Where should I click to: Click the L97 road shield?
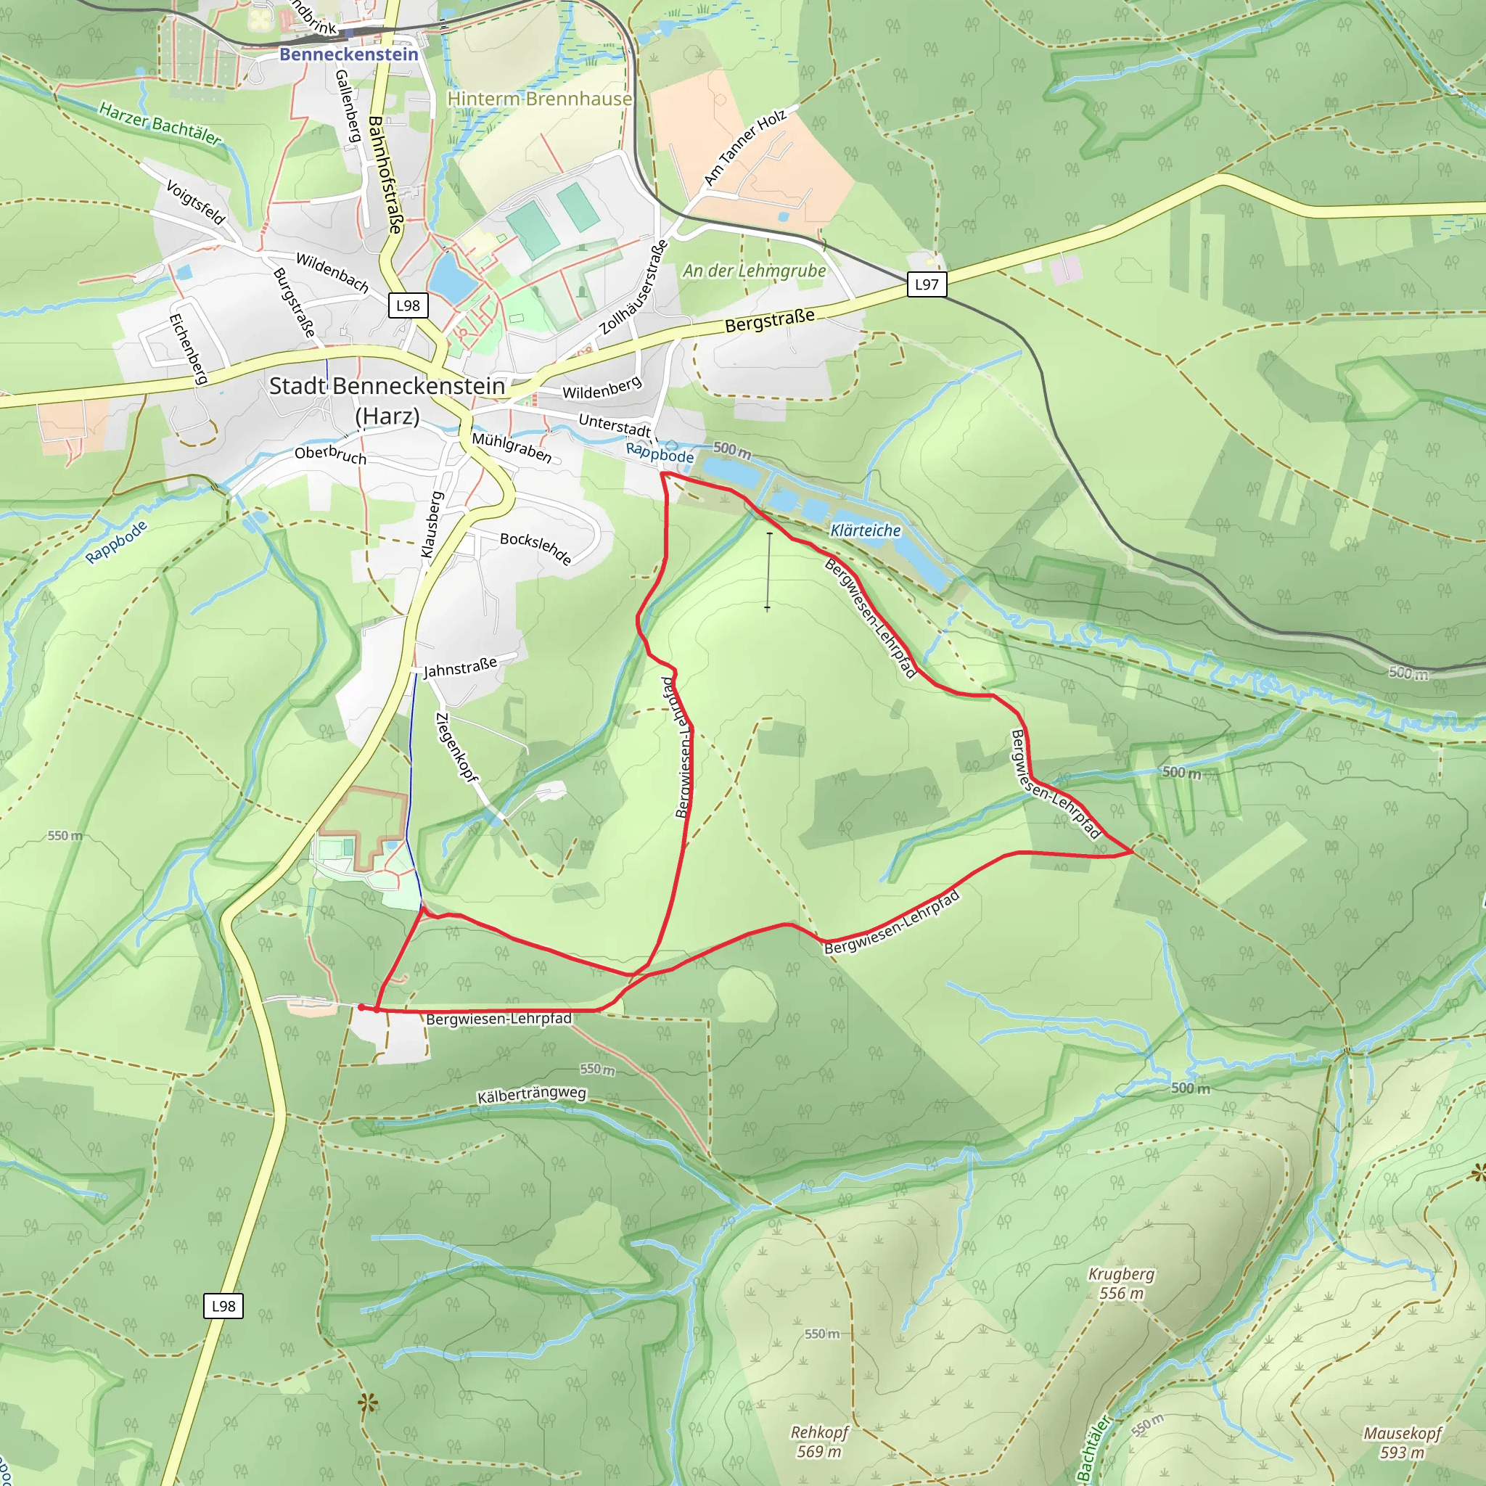click(x=926, y=284)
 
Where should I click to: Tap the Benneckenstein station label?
click(x=348, y=54)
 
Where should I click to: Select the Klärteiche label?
click(x=866, y=530)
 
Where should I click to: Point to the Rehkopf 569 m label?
click(x=819, y=1442)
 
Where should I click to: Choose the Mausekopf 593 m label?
click(x=1402, y=1443)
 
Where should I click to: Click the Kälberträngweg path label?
click(x=531, y=1095)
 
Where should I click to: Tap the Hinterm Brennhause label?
click(x=539, y=99)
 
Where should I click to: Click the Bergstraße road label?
click(x=769, y=321)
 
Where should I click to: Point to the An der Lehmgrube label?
click(x=754, y=271)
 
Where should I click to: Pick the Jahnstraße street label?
click(x=460, y=667)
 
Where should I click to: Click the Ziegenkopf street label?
click(x=456, y=747)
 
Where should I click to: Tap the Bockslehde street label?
click(x=536, y=549)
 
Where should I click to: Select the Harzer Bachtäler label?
click(x=160, y=124)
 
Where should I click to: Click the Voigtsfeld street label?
click(x=195, y=202)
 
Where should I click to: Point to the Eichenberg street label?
click(x=189, y=348)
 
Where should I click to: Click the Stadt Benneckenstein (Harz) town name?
click(x=387, y=400)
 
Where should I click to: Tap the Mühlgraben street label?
click(x=512, y=448)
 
